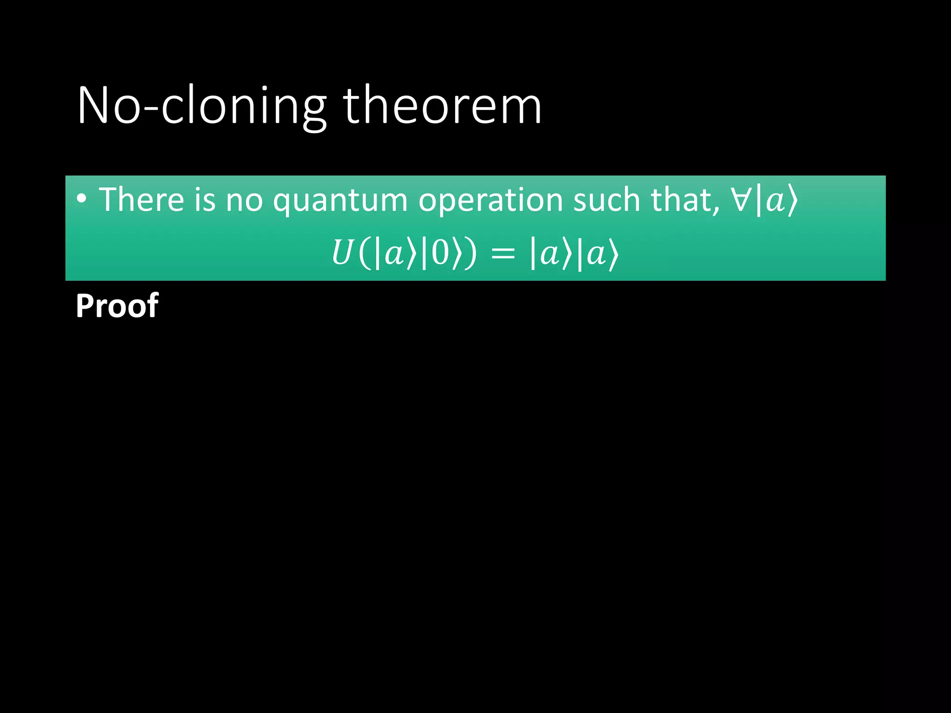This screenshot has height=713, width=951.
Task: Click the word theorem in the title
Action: (x=442, y=106)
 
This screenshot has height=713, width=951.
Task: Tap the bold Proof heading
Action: (x=117, y=306)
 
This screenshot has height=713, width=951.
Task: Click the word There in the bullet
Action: (x=142, y=200)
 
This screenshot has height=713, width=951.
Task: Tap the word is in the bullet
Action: (x=205, y=200)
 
